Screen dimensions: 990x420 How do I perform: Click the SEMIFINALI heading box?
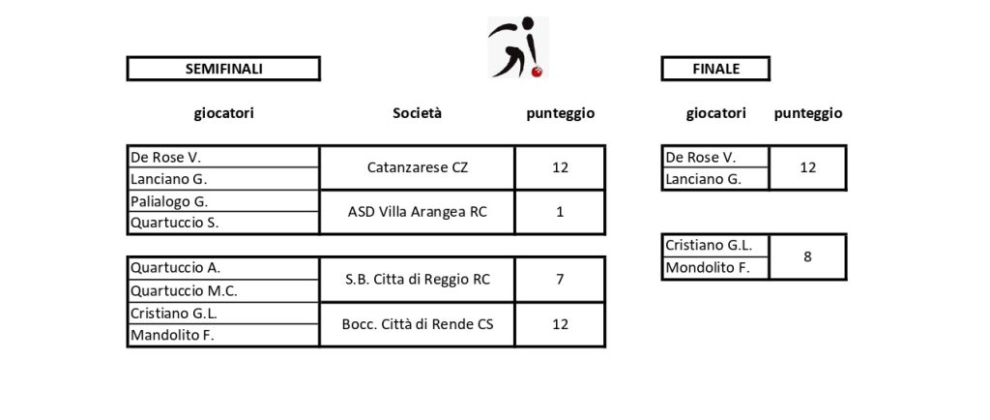(223, 69)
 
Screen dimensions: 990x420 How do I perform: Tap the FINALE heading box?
(715, 69)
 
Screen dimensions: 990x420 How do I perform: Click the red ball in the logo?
(538, 72)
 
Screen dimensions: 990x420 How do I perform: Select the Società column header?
(417, 113)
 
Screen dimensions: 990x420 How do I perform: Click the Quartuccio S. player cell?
(223, 223)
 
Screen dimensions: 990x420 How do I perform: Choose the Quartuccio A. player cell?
(223, 268)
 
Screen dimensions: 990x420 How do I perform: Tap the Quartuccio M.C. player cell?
(223, 290)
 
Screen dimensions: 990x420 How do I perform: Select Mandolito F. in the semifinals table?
(223, 336)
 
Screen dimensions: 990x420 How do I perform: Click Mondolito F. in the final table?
(715, 268)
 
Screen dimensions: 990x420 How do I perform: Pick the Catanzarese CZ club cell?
(418, 167)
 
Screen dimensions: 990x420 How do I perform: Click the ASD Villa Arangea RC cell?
(418, 212)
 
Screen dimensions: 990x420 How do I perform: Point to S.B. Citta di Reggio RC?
(418, 279)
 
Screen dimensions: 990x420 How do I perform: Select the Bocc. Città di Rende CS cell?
(418, 324)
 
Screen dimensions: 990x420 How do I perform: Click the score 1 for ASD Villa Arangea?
(560, 212)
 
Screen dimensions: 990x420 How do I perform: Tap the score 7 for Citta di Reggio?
(560, 279)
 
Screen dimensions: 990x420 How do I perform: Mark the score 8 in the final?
(807, 257)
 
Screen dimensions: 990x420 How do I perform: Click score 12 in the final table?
(807, 167)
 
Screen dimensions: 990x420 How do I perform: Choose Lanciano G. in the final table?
(715, 179)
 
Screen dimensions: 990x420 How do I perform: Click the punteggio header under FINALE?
(807, 113)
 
